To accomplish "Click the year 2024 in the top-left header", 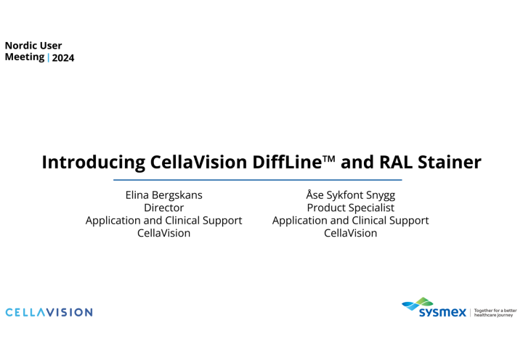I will [x=63, y=58].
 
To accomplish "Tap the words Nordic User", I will [x=33, y=45].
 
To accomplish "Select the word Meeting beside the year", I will [x=25, y=57].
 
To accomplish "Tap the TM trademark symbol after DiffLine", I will [x=328, y=158].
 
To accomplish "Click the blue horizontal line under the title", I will [x=258, y=179].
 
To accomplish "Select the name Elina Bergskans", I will [x=163, y=195].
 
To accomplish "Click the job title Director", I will [x=163, y=208].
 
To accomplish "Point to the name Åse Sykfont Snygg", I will [x=350, y=195].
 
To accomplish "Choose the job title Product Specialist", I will [x=350, y=208].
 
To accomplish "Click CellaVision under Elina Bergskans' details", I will [x=163, y=233].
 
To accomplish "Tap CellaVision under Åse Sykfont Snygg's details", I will [x=350, y=233].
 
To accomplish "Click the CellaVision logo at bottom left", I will [x=49, y=312].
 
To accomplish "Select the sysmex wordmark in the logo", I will [x=442, y=314].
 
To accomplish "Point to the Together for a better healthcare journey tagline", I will [x=495, y=313].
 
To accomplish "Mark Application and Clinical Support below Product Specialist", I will [x=350, y=220].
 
